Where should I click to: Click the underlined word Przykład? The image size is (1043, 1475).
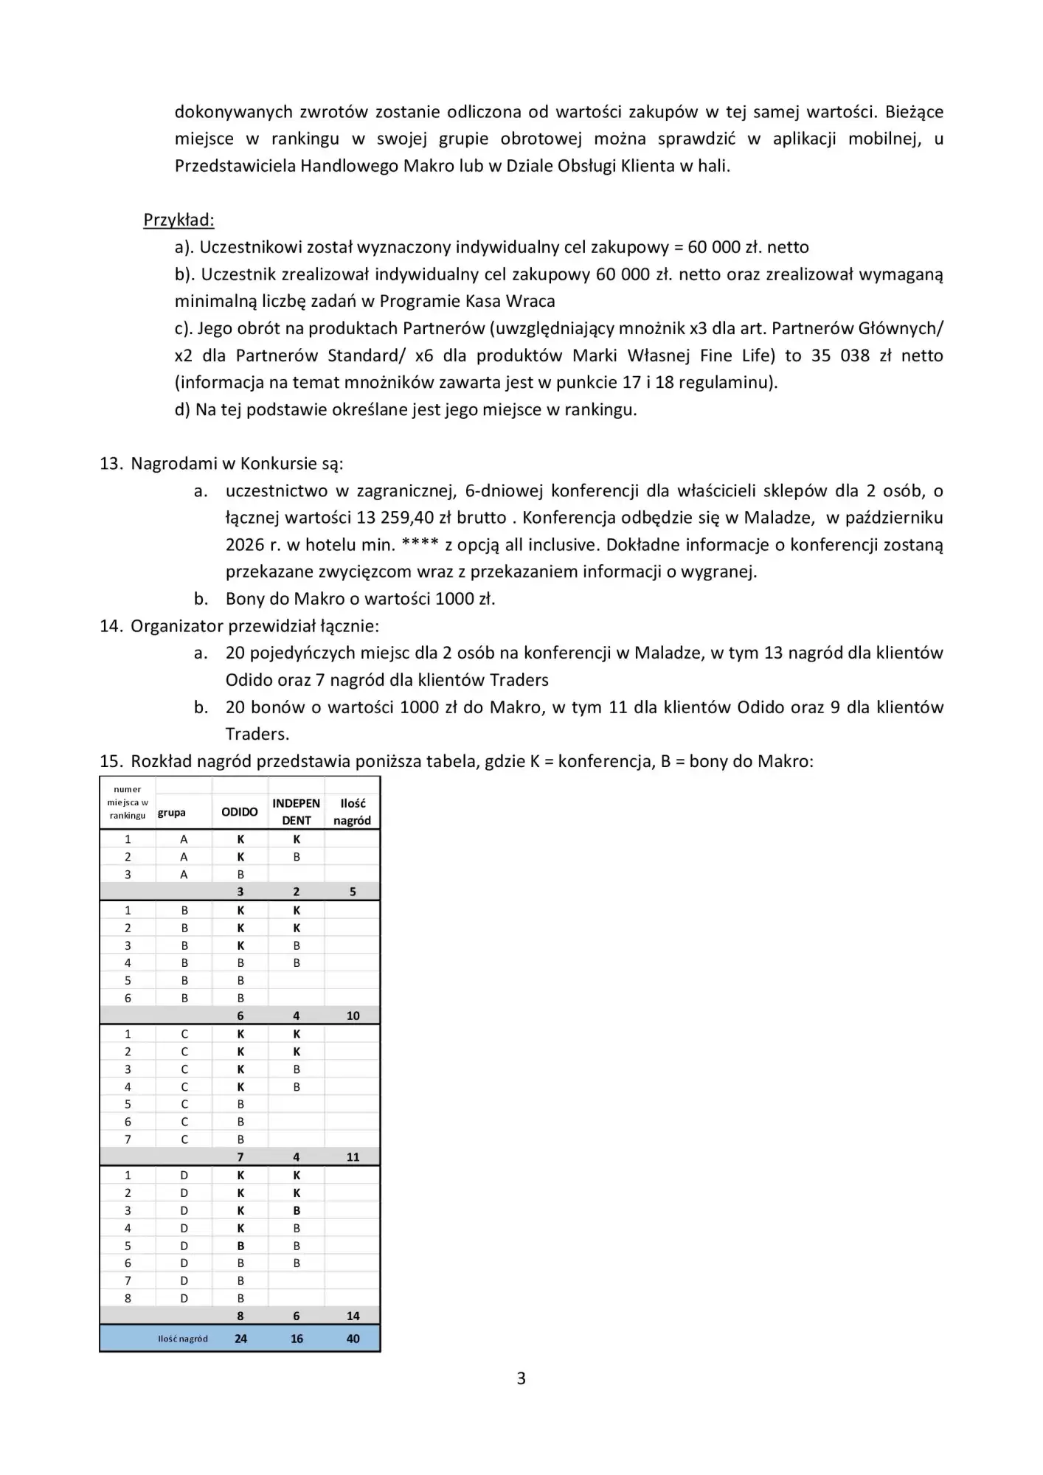click(178, 220)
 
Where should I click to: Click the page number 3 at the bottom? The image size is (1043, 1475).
click(521, 1378)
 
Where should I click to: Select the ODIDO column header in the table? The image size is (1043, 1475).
click(240, 812)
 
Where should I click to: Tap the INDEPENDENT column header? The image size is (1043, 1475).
click(297, 812)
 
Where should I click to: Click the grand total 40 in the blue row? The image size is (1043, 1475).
click(353, 1339)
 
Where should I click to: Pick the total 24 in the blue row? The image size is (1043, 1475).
click(240, 1339)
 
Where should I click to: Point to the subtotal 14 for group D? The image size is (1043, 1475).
click(353, 1316)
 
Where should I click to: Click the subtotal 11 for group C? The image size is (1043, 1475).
click(353, 1157)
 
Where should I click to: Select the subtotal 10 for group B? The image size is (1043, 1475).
click(353, 1016)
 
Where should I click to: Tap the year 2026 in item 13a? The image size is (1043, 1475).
click(244, 545)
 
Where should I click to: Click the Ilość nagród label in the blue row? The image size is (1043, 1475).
click(183, 1339)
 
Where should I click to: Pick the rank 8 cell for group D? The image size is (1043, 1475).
click(128, 1298)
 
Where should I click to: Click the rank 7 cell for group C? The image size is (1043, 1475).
click(128, 1139)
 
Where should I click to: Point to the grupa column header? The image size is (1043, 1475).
click(172, 813)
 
